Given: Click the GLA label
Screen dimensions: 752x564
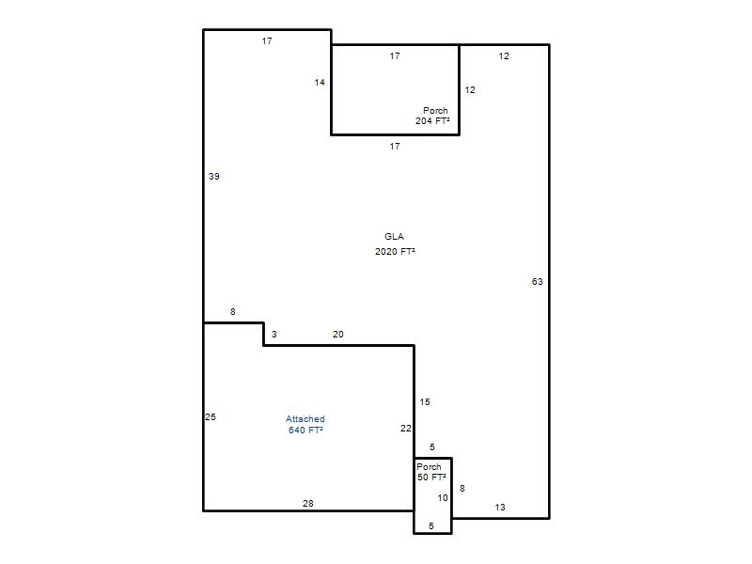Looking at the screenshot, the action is tap(394, 237).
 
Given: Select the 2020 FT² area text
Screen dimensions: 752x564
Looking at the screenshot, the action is tap(395, 251).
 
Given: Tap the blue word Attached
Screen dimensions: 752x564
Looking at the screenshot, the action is tap(305, 419).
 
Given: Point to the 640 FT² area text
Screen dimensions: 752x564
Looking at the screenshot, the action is tap(305, 431).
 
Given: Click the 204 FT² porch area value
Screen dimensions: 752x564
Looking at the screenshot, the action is tap(432, 121).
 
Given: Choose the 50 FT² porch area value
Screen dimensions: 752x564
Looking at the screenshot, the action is tap(431, 478).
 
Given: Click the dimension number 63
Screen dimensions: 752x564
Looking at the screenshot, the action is tap(537, 281).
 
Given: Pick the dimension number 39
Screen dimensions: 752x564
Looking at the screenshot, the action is tap(214, 177).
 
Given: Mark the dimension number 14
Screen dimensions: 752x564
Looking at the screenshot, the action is tap(320, 83).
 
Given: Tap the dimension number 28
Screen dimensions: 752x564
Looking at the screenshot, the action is tap(308, 503).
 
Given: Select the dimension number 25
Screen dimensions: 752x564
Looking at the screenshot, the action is tap(211, 416).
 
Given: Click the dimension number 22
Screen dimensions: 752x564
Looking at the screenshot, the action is tap(406, 429).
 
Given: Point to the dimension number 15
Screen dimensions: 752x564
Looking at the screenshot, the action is tap(425, 402).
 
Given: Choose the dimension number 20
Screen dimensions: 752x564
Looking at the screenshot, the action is tap(338, 335).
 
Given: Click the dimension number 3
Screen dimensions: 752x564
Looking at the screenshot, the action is tap(274, 335).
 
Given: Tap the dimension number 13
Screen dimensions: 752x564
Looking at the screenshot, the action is tap(500, 507).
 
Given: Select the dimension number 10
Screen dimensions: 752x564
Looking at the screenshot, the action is tap(443, 498).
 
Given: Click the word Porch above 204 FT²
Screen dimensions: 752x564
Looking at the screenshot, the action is tap(435, 110).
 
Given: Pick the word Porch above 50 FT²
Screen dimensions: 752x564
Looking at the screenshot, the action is tap(429, 466).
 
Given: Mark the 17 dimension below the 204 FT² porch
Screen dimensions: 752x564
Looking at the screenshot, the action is tap(395, 147).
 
